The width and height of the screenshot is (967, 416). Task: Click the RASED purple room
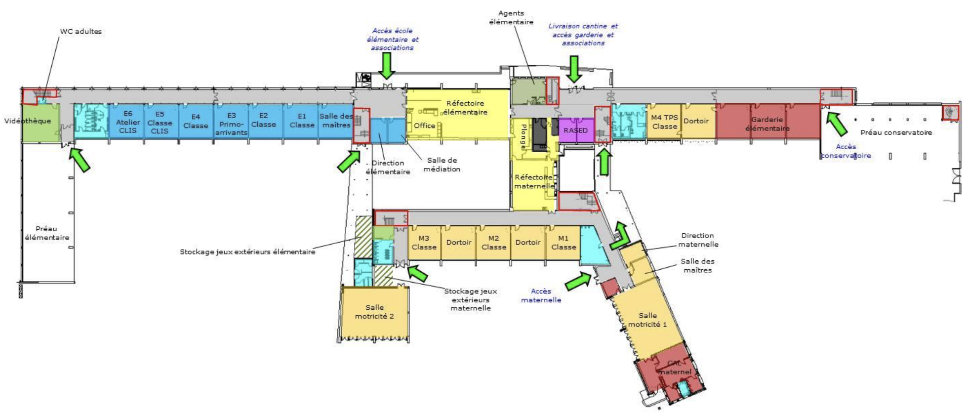(x=576, y=130)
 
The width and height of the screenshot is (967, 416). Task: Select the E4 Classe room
(x=196, y=122)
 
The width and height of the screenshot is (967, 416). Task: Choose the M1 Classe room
(x=563, y=243)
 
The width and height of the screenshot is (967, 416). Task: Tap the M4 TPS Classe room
(x=664, y=122)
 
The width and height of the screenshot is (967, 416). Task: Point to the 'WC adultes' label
(x=81, y=32)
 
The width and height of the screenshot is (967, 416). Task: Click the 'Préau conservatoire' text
(x=896, y=132)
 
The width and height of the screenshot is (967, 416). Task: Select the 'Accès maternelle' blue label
(x=541, y=295)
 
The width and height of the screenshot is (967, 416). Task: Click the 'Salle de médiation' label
(x=442, y=165)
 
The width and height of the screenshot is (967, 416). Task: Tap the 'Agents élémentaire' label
(x=511, y=17)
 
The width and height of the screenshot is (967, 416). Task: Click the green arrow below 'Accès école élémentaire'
(x=387, y=65)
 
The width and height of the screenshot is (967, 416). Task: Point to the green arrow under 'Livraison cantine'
(x=573, y=69)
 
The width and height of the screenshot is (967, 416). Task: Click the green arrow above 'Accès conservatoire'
(x=837, y=124)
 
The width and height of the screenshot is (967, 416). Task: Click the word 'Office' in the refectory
(x=424, y=125)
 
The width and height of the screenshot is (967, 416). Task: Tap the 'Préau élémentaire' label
(x=47, y=233)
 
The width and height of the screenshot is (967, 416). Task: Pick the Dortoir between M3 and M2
(x=459, y=243)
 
